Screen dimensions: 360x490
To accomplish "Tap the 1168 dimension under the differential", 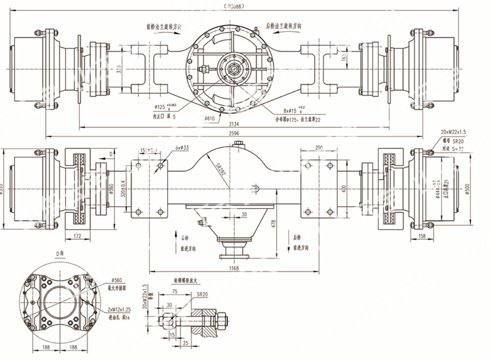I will [234, 268].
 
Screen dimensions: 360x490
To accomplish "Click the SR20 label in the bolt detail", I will [202, 294].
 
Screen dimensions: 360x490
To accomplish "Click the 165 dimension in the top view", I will [344, 58].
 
